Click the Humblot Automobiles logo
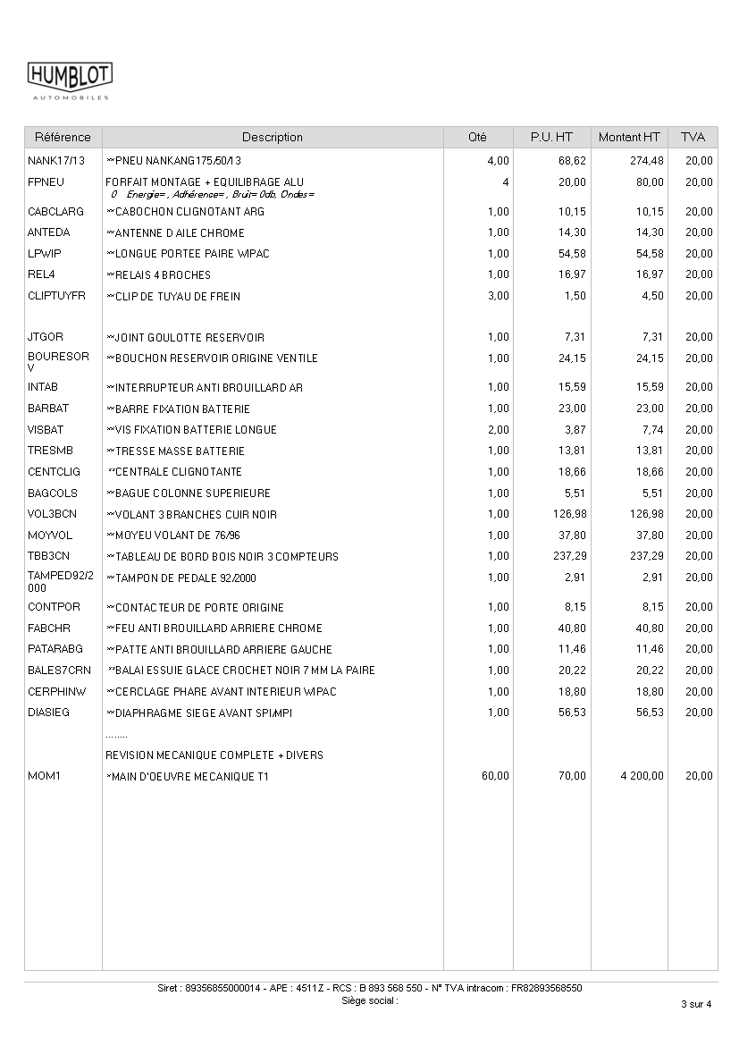(70, 80)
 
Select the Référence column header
(63, 138)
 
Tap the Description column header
(273, 138)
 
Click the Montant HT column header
(629, 138)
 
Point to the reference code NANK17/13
(56, 161)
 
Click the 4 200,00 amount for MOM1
(642, 776)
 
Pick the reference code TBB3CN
(48, 556)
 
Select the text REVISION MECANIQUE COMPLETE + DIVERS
(214, 755)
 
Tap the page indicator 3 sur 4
(696, 1004)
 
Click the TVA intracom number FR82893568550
(546, 989)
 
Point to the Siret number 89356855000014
(222, 989)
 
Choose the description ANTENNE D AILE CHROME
(179, 233)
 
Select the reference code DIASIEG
(48, 713)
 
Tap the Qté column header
(478, 138)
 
